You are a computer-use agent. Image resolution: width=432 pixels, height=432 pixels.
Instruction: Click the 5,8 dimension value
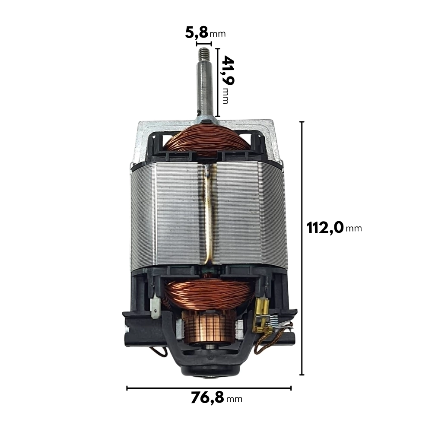click(197, 32)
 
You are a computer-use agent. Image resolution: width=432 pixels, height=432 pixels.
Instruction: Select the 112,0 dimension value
click(325, 228)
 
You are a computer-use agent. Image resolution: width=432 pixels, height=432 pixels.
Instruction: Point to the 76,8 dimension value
click(207, 398)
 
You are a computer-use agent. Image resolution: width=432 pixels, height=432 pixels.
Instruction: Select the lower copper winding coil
click(209, 292)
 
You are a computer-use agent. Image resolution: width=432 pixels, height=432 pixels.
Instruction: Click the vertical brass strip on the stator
click(209, 215)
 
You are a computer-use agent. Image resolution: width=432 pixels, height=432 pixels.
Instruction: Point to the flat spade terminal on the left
click(156, 306)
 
